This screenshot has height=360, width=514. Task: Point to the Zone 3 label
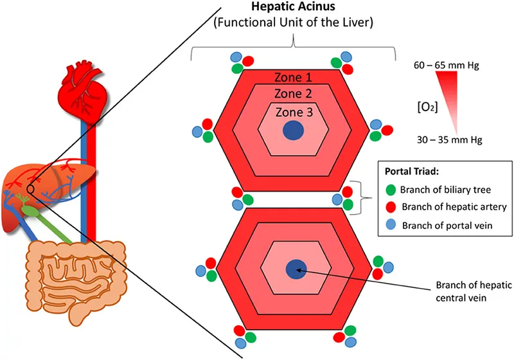pos(294,111)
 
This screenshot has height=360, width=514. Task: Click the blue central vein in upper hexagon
pos(293,130)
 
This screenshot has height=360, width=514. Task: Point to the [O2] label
pos(429,104)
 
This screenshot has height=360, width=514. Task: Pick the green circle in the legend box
pos(390,189)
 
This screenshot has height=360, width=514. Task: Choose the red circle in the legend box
pos(390,207)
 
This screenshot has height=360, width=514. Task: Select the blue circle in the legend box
pos(390,225)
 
